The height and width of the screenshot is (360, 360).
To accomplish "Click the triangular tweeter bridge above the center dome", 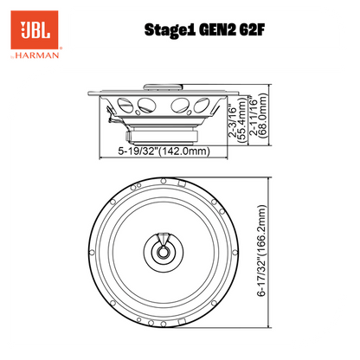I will [164, 238].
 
